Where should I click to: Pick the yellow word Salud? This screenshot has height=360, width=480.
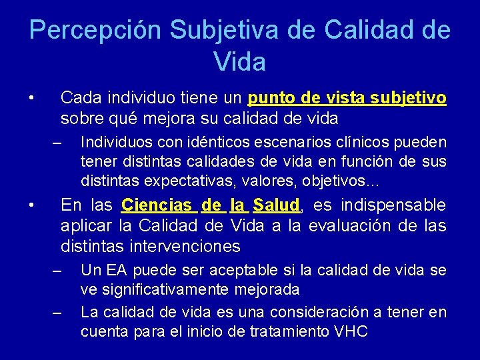point(277,205)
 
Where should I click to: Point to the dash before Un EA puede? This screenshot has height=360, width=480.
point(57,271)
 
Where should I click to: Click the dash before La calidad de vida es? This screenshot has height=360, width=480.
point(57,313)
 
